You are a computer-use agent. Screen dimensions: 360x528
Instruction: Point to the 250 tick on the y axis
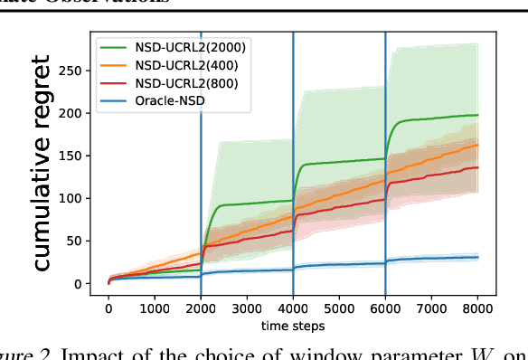(81, 70)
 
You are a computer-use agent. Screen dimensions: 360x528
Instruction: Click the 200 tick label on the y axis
(81, 112)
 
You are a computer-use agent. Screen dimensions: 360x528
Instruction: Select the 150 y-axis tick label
(81, 156)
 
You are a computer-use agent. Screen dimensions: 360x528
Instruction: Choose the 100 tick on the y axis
(81, 198)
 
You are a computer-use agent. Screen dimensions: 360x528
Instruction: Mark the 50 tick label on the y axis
(85, 241)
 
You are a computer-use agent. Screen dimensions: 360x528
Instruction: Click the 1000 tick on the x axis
(155, 308)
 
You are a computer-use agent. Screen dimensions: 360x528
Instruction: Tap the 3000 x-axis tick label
(247, 308)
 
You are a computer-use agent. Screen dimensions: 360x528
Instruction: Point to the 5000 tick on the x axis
(339, 308)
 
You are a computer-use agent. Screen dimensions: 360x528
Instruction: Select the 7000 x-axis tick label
(431, 308)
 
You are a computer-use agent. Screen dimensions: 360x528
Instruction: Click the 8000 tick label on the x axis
(477, 308)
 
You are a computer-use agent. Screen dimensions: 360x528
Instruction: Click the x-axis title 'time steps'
(293, 325)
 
